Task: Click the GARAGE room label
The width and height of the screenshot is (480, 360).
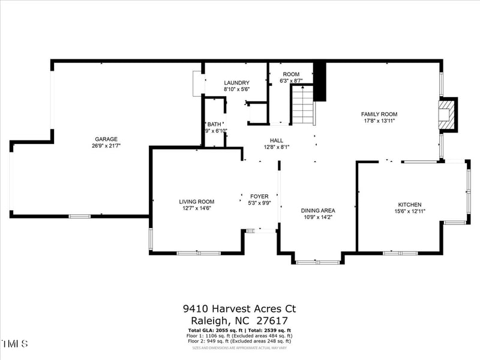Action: pyautogui.click(x=106, y=139)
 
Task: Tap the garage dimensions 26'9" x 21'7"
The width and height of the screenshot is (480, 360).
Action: pyautogui.click(x=106, y=146)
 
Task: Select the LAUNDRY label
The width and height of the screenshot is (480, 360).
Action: pyautogui.click(x=236, y=83)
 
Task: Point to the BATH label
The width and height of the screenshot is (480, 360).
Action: pyautogui.click(x=214, y=124)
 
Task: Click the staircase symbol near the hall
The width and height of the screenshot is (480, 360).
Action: pyautogui.click(x=303, y=104)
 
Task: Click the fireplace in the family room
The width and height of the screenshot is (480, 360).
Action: pyautogui.click(x=446, y=114)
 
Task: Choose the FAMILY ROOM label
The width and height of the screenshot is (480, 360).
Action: pyautogui.click(x=379, y=114)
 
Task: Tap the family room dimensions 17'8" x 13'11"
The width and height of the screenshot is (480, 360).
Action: pyautogui.click(x=379, y=121)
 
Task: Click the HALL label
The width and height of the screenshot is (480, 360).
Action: pyautogui.click(x=276, y=140)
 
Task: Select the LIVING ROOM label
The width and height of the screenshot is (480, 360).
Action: pyautogui.click(x=196, y=202)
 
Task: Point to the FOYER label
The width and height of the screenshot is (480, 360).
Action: pyautogui.click(x=259, y=196)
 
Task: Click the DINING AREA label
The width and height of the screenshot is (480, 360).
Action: pyautogui.click(x=317, y=211)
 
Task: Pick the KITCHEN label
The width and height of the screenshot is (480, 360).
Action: pyautogui.click(x=410, y=205)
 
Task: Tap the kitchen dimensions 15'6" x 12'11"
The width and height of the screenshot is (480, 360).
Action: pyautogui.click(x=410, y=211)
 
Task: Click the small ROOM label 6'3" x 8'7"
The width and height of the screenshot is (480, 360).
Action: pyautogui.click(x=291, y=74)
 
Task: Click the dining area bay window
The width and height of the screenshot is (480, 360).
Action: pyautogui.click(x=317, y=262)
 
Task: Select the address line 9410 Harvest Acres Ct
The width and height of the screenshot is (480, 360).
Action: pyautogui.click(x=239, y=309)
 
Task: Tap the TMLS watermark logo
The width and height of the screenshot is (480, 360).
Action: pyautogui.click(x=15, y=344)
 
